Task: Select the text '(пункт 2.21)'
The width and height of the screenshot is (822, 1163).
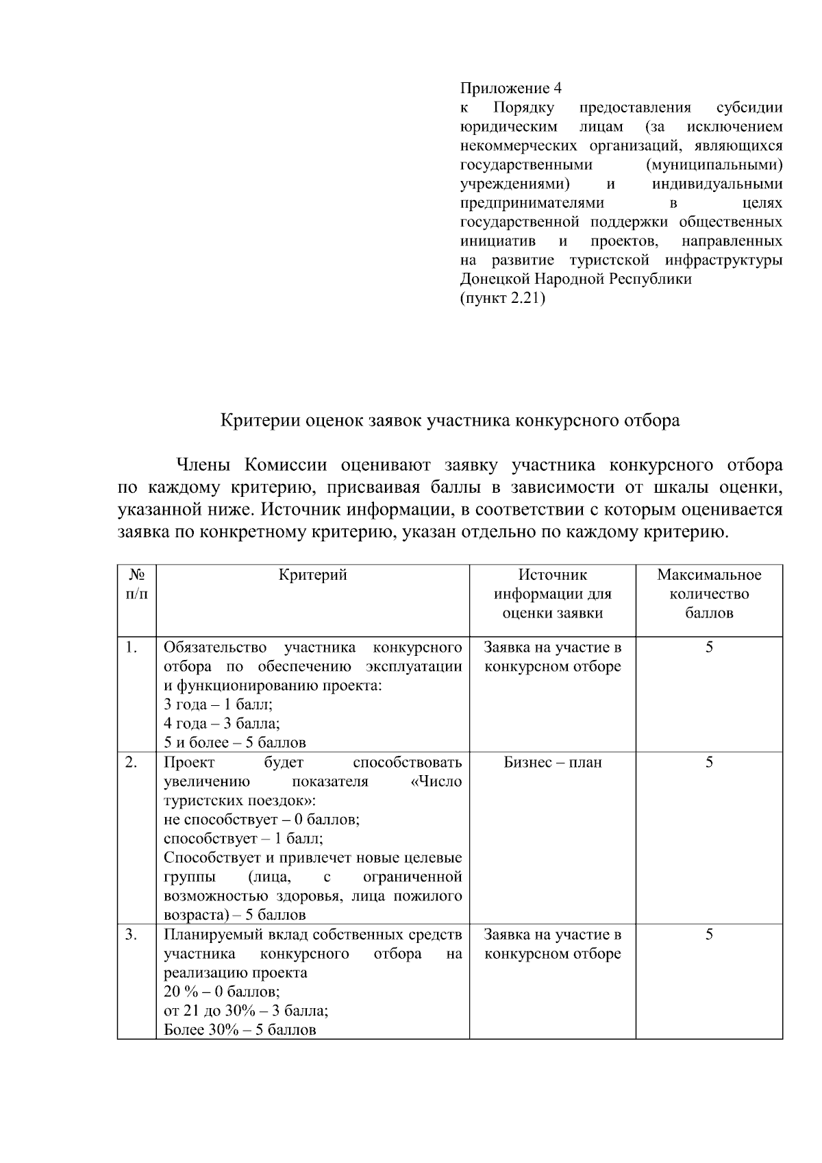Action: pos(502,298)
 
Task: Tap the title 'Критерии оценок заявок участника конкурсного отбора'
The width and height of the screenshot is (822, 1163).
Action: pos(449,420)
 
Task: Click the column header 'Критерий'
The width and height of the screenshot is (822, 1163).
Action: pos(312,575)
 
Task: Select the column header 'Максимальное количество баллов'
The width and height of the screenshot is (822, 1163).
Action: pos(709,593)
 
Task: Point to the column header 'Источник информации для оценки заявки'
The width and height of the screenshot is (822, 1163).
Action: pos(552,593)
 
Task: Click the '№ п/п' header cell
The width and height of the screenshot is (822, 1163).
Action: pos(136,584)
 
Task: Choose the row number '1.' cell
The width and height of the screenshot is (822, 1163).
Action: pos(132,647)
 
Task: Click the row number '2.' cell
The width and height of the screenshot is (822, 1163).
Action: pos(132,762)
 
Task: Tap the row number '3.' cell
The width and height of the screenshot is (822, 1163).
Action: pos(132,934)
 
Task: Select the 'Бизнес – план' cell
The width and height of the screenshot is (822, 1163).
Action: pos(552,762)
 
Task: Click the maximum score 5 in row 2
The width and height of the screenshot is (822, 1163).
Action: pos(709,762)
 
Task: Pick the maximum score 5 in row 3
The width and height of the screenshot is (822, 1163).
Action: pos(709,934)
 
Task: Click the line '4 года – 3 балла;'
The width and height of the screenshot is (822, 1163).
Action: pos(221,723)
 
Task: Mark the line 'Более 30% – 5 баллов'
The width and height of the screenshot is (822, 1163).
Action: pos(240,1029)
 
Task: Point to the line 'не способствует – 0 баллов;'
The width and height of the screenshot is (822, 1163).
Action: pos(262,820)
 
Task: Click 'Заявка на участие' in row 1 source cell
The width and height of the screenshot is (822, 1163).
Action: pos(552,647)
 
